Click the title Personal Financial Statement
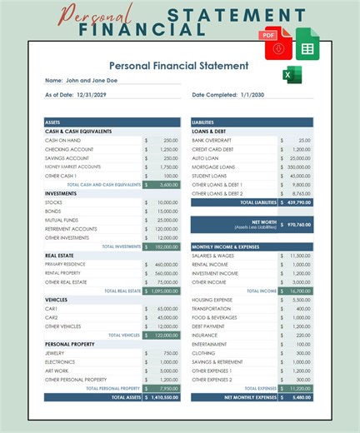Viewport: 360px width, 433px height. coord(178,65)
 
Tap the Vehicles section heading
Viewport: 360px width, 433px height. coord(57,299)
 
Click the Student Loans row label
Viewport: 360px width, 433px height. coord(211,176)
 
